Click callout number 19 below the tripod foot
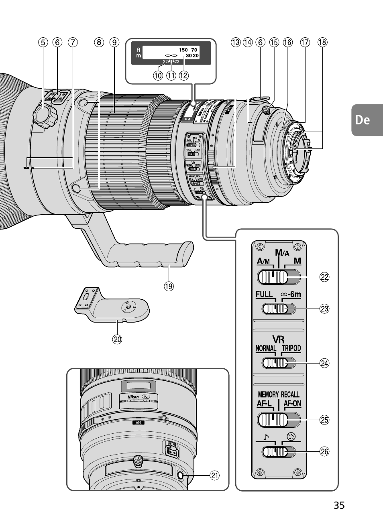(168, 286)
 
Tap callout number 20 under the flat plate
(117, 339)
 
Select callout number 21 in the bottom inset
(215, 476)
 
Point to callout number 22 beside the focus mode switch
(324, 277)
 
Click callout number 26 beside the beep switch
(324, 452)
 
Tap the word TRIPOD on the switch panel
(291, 348)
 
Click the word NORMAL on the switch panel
(266, 348)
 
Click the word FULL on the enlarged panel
(264, 294)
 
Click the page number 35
(339, 506)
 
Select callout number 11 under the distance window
(171, 75)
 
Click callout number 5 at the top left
(43, 42)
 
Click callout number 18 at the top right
(322, 42)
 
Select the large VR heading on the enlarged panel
(278, 339)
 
